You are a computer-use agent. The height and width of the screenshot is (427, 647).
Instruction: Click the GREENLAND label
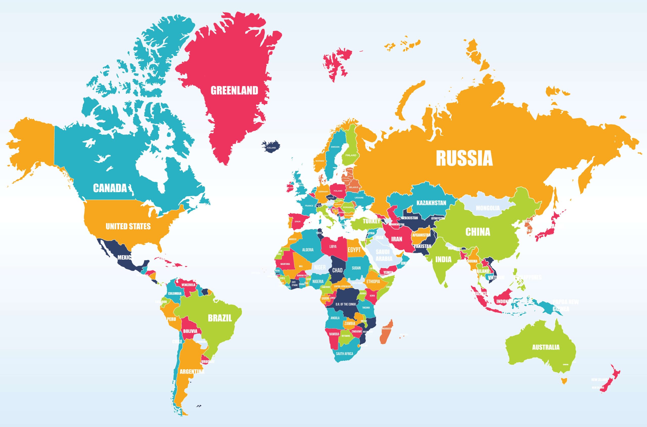tap(234, 90)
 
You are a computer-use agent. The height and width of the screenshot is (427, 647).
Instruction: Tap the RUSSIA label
tap(464, 158)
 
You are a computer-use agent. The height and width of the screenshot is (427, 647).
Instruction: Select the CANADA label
tap(110, 188)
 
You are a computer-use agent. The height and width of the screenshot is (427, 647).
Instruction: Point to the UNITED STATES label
tap(128, 226)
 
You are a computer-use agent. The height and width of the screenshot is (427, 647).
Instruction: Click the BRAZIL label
tap(220, 318)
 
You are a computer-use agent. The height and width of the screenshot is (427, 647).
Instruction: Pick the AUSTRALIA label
tap(546, 347)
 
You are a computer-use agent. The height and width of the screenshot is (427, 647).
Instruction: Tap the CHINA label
tap(478, 232)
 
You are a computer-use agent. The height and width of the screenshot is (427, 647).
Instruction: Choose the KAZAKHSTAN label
tap(431, 203)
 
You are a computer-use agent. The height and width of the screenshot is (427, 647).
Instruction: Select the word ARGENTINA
tap(192, 371)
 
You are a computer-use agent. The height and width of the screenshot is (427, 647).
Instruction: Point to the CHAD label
tap(337, 270)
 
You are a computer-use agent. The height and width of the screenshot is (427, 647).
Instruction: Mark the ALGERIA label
tap(308, 250)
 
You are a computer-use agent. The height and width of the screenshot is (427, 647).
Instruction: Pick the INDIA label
tap(443, 259)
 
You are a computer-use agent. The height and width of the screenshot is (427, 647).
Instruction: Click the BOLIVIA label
tap(190, 331)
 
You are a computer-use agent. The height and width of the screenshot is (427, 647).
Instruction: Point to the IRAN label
tap(397, 239)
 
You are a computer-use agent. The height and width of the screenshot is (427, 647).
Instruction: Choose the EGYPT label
tap(354, 250)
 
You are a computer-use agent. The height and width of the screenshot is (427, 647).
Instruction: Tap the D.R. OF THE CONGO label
tap(345, 304)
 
